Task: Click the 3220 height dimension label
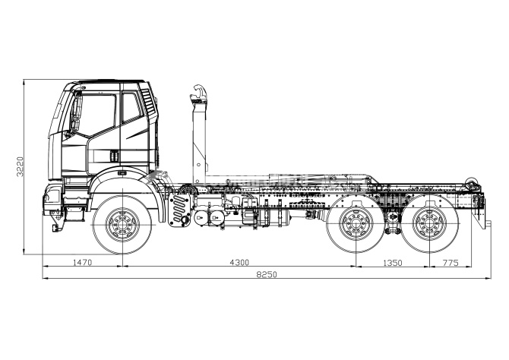pos(21,167)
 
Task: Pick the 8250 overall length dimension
pos(264,274)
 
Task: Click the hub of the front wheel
pos(121,224)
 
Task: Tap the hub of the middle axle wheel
pos(355,224)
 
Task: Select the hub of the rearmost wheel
pos(431,224)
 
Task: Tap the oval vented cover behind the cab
pos(179,207)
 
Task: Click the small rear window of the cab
pos(131,108)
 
